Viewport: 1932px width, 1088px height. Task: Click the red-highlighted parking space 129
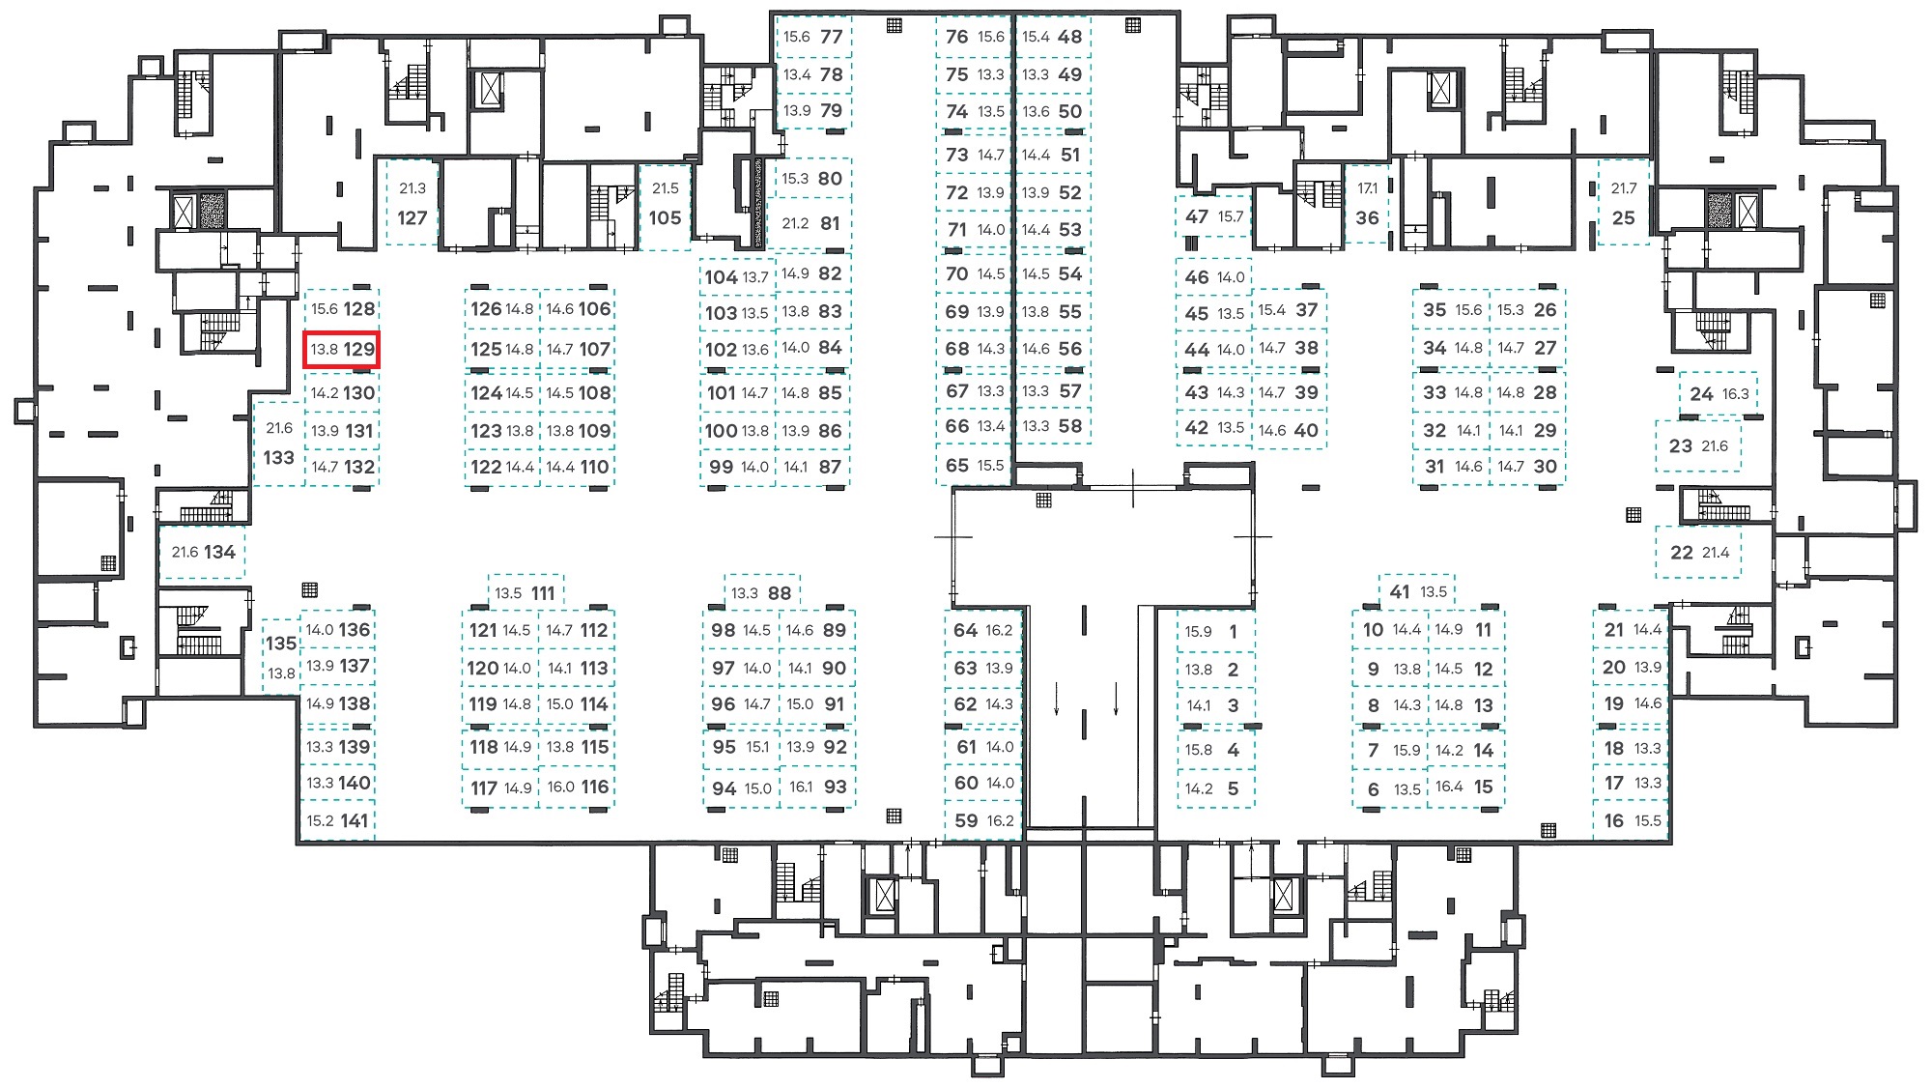pos(342,350)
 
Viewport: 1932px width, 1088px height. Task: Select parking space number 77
pos(813,37)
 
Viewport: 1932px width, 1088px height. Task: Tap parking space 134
pos(203,553)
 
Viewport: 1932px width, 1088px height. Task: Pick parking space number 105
pos(665,205)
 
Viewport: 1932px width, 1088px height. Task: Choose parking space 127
pos(412,204)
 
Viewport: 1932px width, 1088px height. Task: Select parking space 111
pos(526,592)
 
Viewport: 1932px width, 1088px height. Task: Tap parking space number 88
pos(761,592)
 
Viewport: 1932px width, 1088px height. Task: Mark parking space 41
pos(1417,591)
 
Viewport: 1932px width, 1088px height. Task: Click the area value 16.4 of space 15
pos(1449,787)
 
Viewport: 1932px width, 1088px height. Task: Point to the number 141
pos(355,820)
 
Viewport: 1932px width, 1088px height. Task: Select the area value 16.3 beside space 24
pos(1736,393)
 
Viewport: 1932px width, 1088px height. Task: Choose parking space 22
pos(1699,553)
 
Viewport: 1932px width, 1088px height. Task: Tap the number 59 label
pos(966,820)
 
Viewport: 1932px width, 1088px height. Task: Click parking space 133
pos(279,444)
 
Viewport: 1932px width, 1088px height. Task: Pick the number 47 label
pos(1197,216)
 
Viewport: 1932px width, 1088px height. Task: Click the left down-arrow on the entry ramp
pos(1057,698)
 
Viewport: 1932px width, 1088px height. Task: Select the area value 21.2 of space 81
pos(795,223)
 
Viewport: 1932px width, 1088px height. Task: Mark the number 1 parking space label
pos(1234,631)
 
